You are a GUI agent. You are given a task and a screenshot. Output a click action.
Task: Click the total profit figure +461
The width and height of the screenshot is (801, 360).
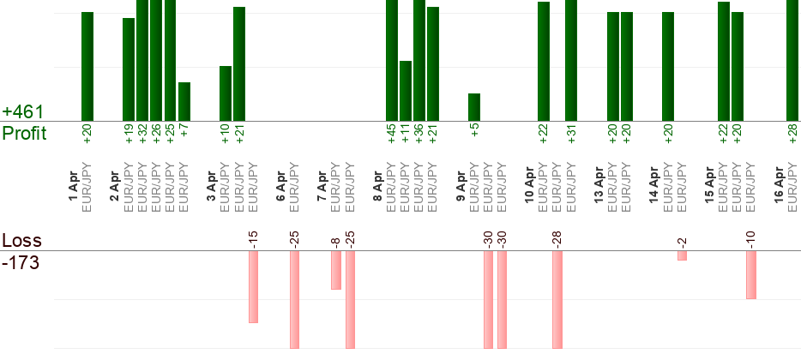tap(23, 112)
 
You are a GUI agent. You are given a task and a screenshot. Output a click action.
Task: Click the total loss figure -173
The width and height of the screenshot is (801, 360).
tap(21, 261)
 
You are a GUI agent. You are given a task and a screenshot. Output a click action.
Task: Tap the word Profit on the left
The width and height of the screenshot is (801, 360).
tap(24, 134)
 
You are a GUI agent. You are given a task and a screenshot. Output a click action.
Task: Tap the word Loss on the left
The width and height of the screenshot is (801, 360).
tap(21, 241)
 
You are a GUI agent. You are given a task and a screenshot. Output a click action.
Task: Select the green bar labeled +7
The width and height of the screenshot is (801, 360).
tap(184, 101)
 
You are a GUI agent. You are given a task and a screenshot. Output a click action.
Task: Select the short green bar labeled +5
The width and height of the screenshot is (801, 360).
tap(474, 107)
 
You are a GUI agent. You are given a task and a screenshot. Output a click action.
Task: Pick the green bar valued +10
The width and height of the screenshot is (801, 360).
tap(226, 93)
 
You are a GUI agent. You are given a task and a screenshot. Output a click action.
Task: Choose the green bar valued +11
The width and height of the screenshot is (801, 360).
tap(406, 91)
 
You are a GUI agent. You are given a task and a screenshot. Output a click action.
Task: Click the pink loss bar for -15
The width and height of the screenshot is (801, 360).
tap(253, 286)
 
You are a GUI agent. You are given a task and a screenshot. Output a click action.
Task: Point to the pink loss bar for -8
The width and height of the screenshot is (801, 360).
tap(336, 270)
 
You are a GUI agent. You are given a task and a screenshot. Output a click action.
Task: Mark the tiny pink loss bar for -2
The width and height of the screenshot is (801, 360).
tap(682, 255)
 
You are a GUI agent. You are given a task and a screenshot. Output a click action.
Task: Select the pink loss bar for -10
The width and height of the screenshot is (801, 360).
tap(751, 274)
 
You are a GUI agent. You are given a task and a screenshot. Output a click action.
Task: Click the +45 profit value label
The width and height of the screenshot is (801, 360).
tap(392, 135)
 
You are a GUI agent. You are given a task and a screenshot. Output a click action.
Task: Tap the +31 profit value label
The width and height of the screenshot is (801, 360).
tap(571, 135)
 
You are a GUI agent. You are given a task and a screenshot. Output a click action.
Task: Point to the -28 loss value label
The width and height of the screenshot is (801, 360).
tap(557, 238)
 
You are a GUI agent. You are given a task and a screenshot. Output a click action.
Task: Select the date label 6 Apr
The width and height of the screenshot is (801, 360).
tap(280, 189)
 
